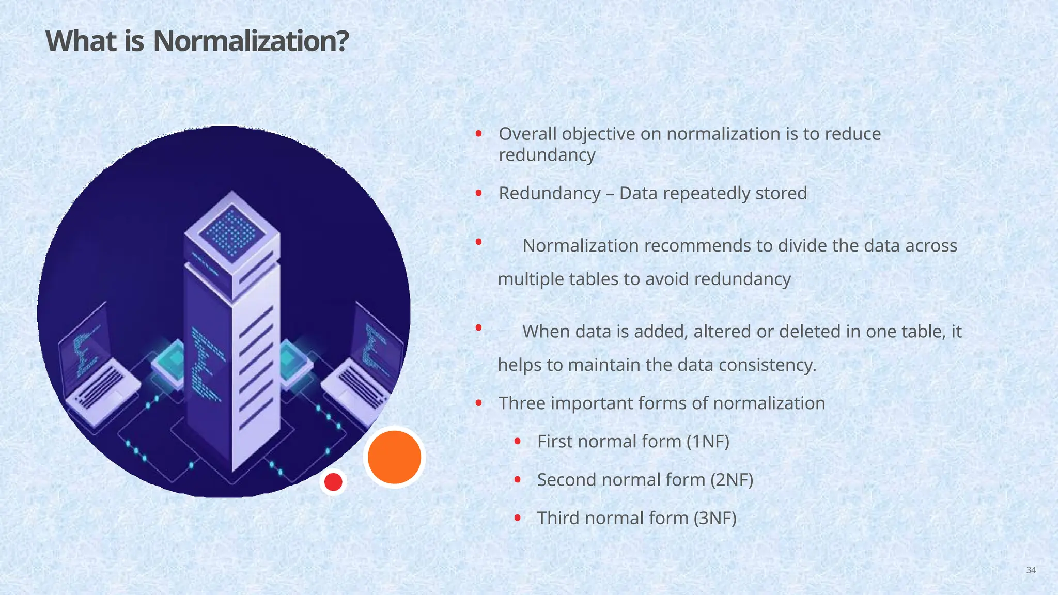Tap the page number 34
[1031, 570]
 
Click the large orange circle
[394, 457]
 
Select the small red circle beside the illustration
[333, 482]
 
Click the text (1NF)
[708, 442]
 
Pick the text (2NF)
[732, 480]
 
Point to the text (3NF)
[714, 518]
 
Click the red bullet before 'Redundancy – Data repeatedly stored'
[479, 193]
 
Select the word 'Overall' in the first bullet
[527, 134]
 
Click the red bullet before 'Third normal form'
[517, 518]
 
